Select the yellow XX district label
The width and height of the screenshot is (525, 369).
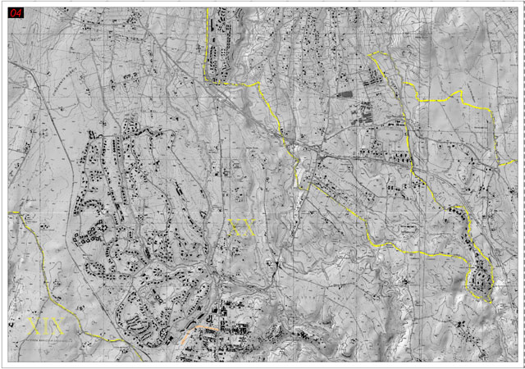pyautogui.click(x=243, y=229)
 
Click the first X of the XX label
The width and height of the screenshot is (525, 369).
pyautogui.click(x=236, y=229)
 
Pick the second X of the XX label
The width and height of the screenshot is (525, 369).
pyautogui.click(x=249, y=229)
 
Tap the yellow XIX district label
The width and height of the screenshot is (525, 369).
pyautogui.click(x=46, y=326)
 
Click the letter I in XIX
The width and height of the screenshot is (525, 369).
pyautogui.click(x=46, y=326)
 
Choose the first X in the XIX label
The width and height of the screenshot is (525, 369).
pyautogui.click(x=34, y=326)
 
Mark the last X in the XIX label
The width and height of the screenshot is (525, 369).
pyautogui.click(x=57, y=326)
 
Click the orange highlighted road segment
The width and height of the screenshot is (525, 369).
pyautogui.click(x=197, y=331)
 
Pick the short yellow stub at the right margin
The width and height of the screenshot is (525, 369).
pyautogui.click(x=507, y=165)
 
